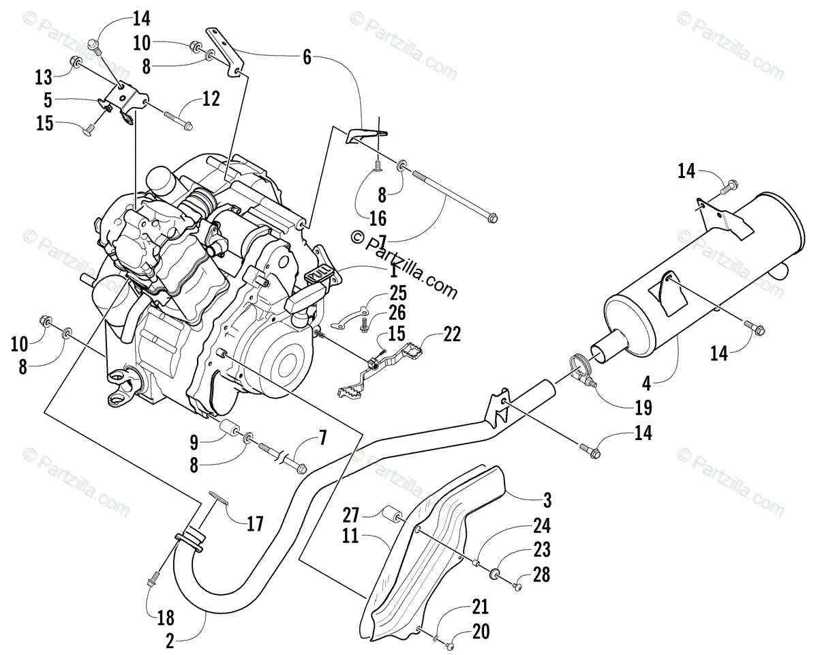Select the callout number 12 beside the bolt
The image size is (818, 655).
(x=211, y=99)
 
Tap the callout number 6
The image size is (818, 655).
(x=307, y=58)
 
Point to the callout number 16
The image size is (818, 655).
(x=378, y=218)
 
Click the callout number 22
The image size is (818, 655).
(x=451, y=334)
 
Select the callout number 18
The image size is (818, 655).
(x=166, y=618)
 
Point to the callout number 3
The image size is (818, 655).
(x=547, y=499)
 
